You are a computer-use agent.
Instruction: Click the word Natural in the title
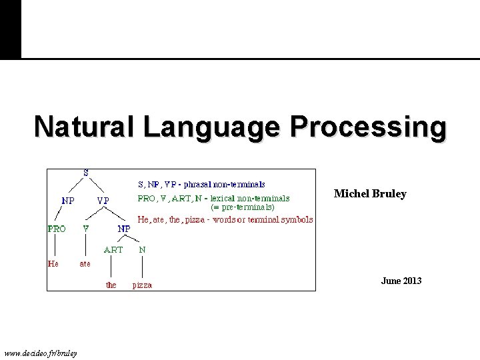pos(81,126)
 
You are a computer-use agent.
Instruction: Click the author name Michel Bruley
pos(370,194)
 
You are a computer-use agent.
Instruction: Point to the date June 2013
pos(401,281)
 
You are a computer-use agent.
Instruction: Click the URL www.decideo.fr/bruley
pos(40,352)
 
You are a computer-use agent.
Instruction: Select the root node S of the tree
pos(86,173)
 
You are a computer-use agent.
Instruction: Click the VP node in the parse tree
pos(103,200)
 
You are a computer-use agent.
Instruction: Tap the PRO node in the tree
pos(57,228)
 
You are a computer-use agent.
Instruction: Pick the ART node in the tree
pos(113,250)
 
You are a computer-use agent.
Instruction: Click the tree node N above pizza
pos(142,250)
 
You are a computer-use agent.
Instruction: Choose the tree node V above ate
pos(86,228)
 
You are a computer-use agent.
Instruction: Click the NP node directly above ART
pos(124,228)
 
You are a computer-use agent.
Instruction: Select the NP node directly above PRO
pos(68,199)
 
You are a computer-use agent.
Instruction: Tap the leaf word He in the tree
pos(53,263)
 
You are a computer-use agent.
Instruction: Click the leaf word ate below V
pos(85,263)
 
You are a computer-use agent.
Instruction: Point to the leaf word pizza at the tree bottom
pos(142,285)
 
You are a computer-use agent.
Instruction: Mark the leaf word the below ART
pos(111,285)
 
